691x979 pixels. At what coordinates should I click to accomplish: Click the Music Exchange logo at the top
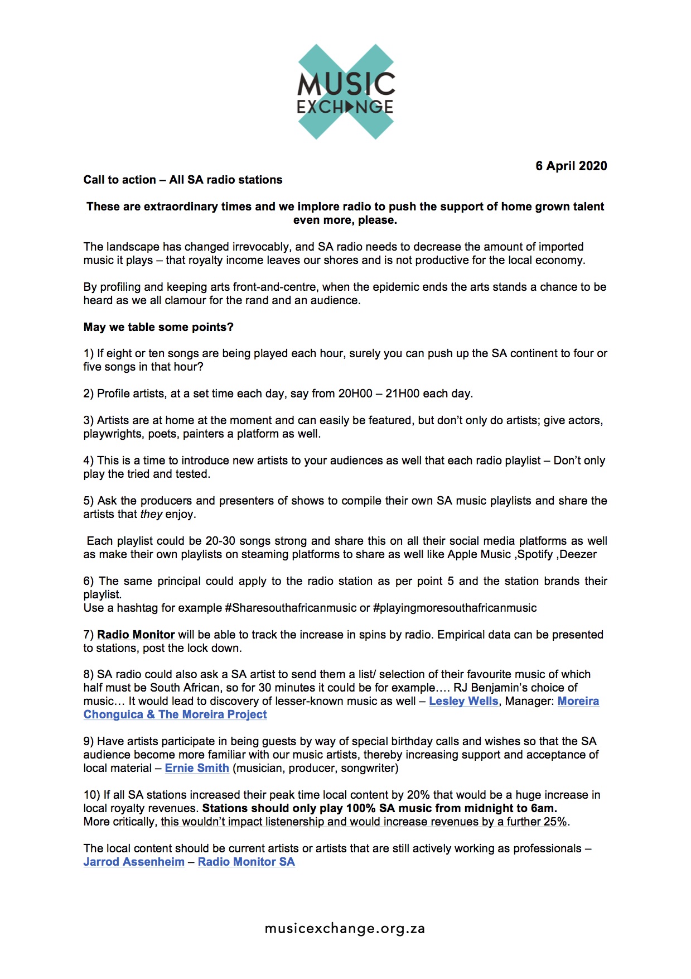(x=346, y=92)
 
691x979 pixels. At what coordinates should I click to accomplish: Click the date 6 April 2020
(x=571, y=166)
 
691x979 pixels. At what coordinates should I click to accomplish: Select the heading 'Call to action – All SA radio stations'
(x=183, y=180)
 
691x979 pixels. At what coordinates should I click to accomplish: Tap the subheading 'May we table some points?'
(x=158, y=327)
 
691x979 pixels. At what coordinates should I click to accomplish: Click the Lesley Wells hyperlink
(x=463, y=701)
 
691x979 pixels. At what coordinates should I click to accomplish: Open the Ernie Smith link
(x=197, y=768)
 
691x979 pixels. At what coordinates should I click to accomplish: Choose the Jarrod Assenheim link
(x=134, y=862)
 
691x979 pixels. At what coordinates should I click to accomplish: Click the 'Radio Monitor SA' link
(x=247, y=862)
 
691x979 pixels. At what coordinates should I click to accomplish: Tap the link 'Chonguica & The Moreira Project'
(x=175, y=714)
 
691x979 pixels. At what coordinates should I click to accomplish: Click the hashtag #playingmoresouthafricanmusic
(x=455, y=608)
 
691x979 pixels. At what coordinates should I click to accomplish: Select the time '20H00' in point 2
(x=355, y=393)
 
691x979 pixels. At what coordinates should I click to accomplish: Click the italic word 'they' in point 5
(x=151, y=514)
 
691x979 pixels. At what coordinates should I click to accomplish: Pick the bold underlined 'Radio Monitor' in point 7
(x=136, y=635)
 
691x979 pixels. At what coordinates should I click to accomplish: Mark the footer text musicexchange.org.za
(x=345, y=929)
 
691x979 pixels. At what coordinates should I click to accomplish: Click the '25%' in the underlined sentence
(x=556, y=822)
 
